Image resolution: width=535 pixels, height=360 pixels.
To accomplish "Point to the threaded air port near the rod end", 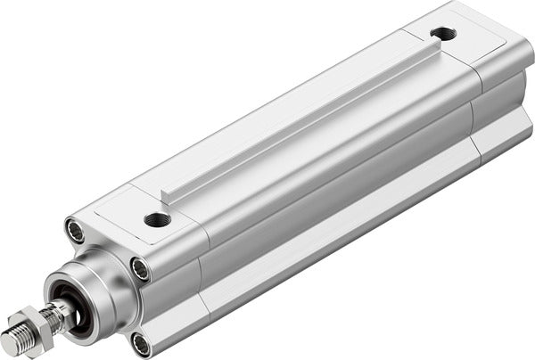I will click(x=158, y=219).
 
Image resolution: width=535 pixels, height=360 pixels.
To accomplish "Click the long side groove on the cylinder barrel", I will click(x=339, y=205).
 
